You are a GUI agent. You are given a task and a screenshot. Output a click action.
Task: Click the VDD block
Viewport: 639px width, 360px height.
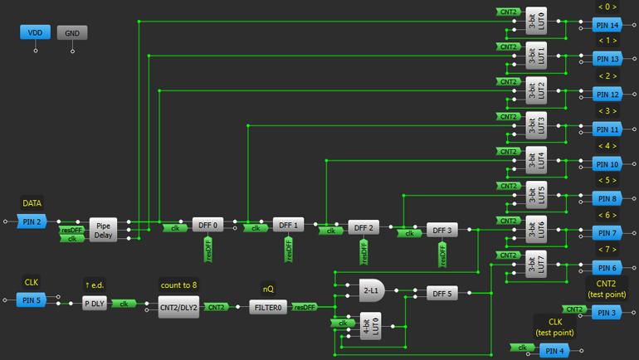(35, 32)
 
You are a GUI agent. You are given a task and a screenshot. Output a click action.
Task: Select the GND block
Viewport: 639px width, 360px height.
(71, 32)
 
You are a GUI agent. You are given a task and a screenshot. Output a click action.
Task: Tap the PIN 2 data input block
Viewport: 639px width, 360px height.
(32, 221)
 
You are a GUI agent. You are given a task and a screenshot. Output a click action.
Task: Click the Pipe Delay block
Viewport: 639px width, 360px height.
(104, 230)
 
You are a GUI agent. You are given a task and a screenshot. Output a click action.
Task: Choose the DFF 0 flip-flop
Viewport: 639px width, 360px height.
(207, 224)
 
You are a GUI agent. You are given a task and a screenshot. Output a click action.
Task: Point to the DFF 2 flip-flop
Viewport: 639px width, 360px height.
(363, 227)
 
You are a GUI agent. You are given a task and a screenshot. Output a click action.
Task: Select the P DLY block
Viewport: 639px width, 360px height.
(95, 304)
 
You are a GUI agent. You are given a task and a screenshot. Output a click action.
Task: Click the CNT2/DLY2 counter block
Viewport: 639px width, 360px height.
(178, 306)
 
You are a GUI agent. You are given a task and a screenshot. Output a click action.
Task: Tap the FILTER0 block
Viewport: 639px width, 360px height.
(267, 306)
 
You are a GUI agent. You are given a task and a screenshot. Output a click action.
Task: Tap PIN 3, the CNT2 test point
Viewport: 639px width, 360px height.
(608, 312)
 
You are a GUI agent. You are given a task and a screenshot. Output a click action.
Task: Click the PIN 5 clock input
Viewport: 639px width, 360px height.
(32, 299)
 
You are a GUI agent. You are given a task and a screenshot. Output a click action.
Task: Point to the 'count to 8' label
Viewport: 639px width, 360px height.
(178, 285)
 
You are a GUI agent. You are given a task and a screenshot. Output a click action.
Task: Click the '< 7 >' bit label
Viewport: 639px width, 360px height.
(607, 249)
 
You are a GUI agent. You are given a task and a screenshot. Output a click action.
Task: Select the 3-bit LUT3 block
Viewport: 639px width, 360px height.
(536, 124)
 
